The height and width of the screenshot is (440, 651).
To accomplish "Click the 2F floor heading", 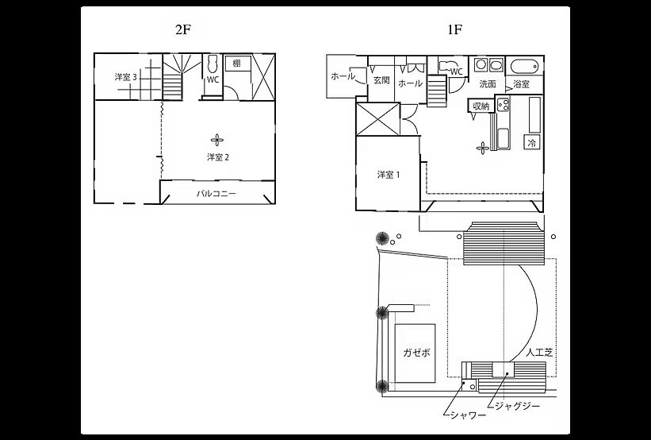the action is [x=182, y=29].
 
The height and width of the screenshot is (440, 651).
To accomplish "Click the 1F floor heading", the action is [x=454, y=29].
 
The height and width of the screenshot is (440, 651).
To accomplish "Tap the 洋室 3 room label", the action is [x=126, y=77].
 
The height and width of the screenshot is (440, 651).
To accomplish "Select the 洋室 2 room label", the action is [x=218, y=157].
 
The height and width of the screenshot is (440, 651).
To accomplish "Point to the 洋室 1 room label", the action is [x=389, y=175].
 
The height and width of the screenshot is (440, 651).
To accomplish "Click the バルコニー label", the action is [x=216, y=193].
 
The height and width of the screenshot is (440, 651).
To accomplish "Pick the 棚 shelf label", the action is [x=236, y=64].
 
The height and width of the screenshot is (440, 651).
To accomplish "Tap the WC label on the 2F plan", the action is [x=213, y=80].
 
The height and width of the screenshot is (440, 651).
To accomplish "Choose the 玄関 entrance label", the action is [x=381, y=80].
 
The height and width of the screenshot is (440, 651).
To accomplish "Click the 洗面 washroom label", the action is [x=488, y=84].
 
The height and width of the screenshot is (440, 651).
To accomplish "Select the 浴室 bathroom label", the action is [x=522, y=84].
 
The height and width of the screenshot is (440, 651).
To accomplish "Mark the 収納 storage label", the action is [x=481, y=106].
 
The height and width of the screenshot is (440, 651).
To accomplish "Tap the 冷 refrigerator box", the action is [x=532, y=143].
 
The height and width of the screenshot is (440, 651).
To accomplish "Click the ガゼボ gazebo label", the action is [x=416, y=353].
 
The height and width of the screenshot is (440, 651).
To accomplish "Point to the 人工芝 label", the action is [x=539, y=353].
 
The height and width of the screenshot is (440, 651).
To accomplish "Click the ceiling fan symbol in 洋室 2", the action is [x=216, y=140].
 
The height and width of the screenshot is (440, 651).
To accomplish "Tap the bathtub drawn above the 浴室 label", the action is [x=524, y=66].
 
